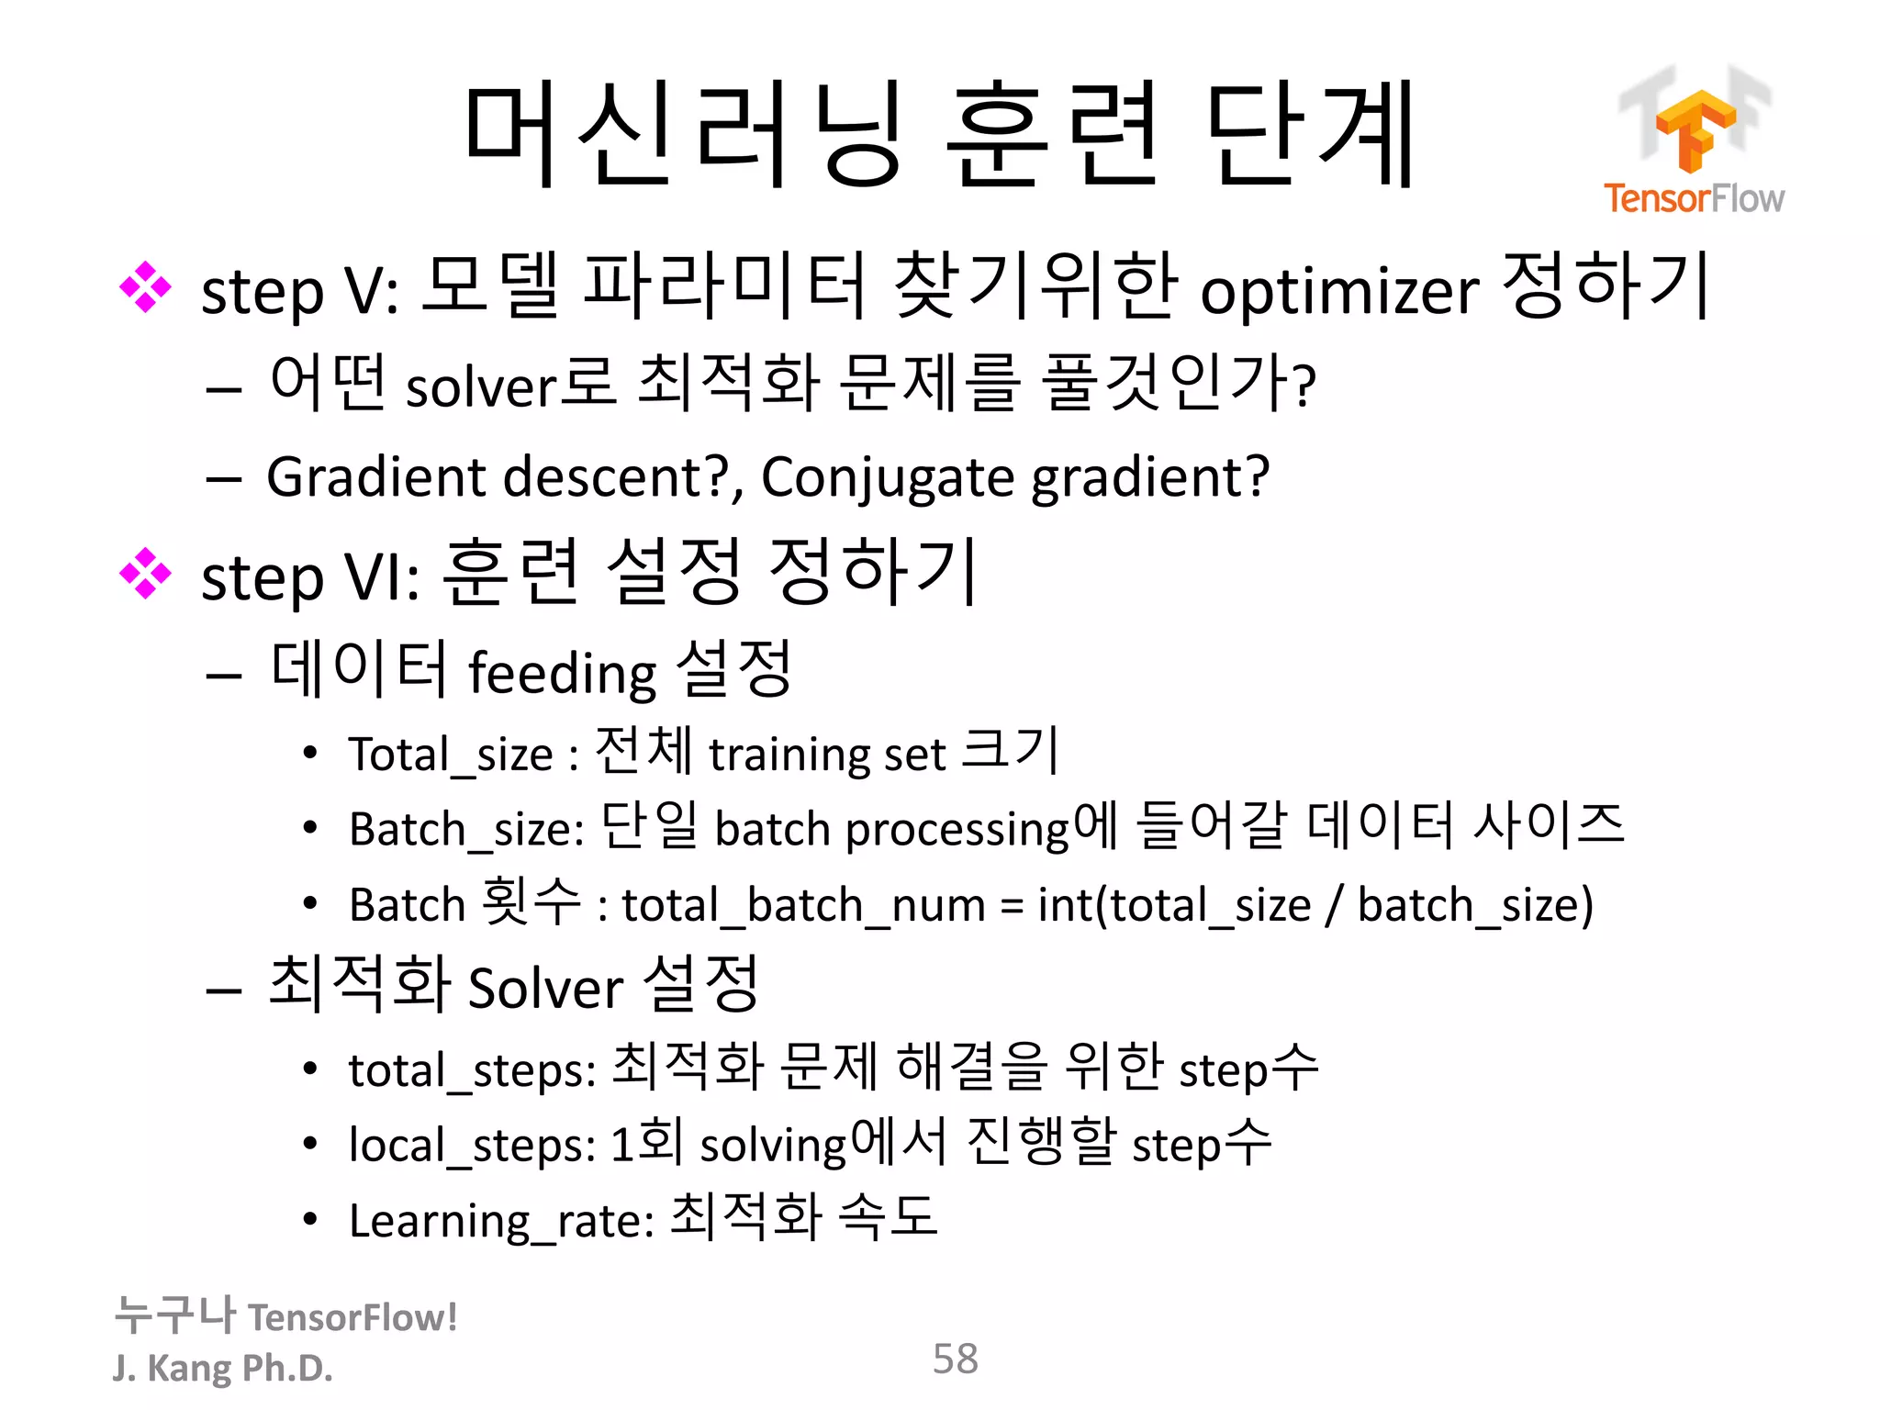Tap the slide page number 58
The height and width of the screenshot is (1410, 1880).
point(955,1359)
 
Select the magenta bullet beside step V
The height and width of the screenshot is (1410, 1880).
point(145,287)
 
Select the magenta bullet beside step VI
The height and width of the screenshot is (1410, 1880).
point(145,574)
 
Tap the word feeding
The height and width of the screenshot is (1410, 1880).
point(562,673)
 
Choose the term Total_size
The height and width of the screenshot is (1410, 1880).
point(450,755)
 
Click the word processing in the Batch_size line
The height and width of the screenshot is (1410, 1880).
point(957,830)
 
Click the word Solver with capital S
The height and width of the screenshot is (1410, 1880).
point(545,989)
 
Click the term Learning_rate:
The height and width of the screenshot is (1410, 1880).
point(501,1222)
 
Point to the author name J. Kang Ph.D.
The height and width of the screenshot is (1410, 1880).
point(222,1368)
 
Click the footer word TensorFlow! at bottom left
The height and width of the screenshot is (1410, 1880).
point(352,1318)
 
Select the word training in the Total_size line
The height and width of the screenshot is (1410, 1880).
point(788,755)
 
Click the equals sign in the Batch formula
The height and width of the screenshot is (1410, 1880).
point(1011,907)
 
